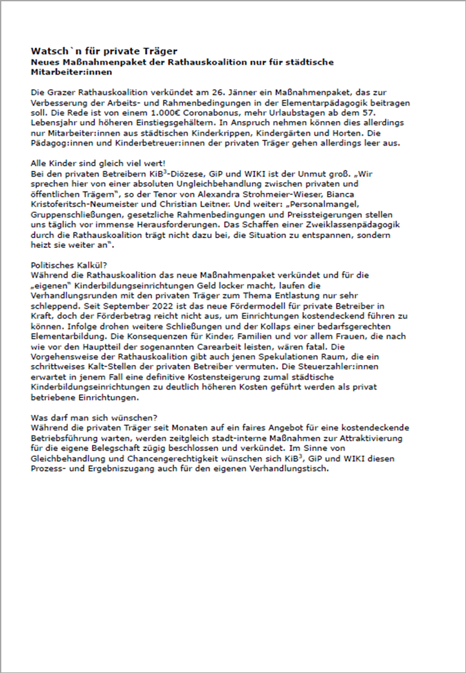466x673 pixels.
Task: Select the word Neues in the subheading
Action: coord(45,62)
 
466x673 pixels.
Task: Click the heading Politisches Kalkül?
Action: coord(69,264)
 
